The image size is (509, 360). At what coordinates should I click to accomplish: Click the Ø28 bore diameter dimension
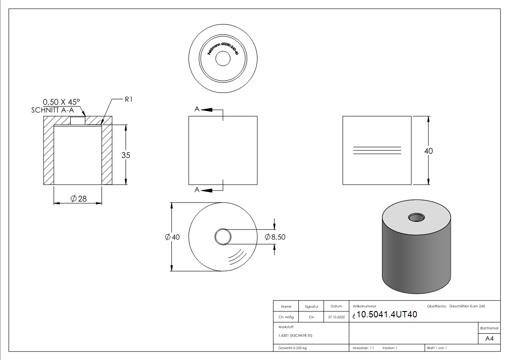pyautogui.click(x=78, y=199)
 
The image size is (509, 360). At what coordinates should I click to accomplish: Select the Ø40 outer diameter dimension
pyautogui.click(x=172, y=237)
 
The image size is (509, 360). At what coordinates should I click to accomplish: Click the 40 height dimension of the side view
pyautogui.click(x=428, y=151)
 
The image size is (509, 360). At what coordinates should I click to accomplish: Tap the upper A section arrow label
pyautogui.click(x=197, y=109)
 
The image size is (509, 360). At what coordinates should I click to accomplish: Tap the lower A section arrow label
pyautogui.click(x=197, y=190)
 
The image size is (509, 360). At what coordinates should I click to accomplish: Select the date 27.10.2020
pyautogui.click(x=336, y=317)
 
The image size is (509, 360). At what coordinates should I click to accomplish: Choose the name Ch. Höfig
pyautogui.click(x=286, y=317)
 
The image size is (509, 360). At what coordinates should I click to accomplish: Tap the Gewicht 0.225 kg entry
pyautogui.click(x=292, y=348)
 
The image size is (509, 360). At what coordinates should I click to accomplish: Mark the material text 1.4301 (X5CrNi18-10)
pyautogui.click(x=296, y=336)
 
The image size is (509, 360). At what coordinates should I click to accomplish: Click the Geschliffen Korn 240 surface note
pyautogui.click(x=467, y=306)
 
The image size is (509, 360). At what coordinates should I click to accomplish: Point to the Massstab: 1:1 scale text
pyautogui.click(x=363, y=348)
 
